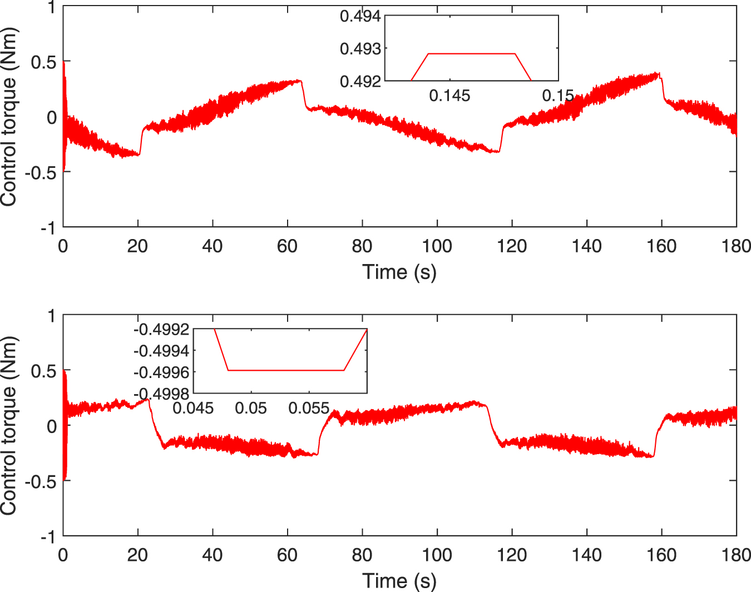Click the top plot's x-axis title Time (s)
(x=399, y=272)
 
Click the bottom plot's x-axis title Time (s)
(x=399, y=581)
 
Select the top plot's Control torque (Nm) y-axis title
(x=9, y=117)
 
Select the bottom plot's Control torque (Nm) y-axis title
(x=9, y=426)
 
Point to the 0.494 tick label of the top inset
(x=360, y=16)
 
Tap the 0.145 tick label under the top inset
(x=449, y=96)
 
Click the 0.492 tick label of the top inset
(x=360, y=82)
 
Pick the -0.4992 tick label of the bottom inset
(x=161, y=329)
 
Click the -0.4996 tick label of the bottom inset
(x=161, y=372)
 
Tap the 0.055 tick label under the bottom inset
(x=309, y=408)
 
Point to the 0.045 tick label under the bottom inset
(x=193, y=408)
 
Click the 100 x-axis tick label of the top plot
(x=437, y=246)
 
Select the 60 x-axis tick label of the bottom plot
(x=287, y=555)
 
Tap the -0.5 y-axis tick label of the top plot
(x=41, y=173)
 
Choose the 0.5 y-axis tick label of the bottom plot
(x=43, y=371)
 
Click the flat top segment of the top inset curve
(x=472, y=54)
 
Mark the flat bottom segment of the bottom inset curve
(x=286, y=370)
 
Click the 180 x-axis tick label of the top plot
(x=736, y=246)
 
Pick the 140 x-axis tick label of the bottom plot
(x=587, y=555)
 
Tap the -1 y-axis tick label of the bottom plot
(x=48, y=537)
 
